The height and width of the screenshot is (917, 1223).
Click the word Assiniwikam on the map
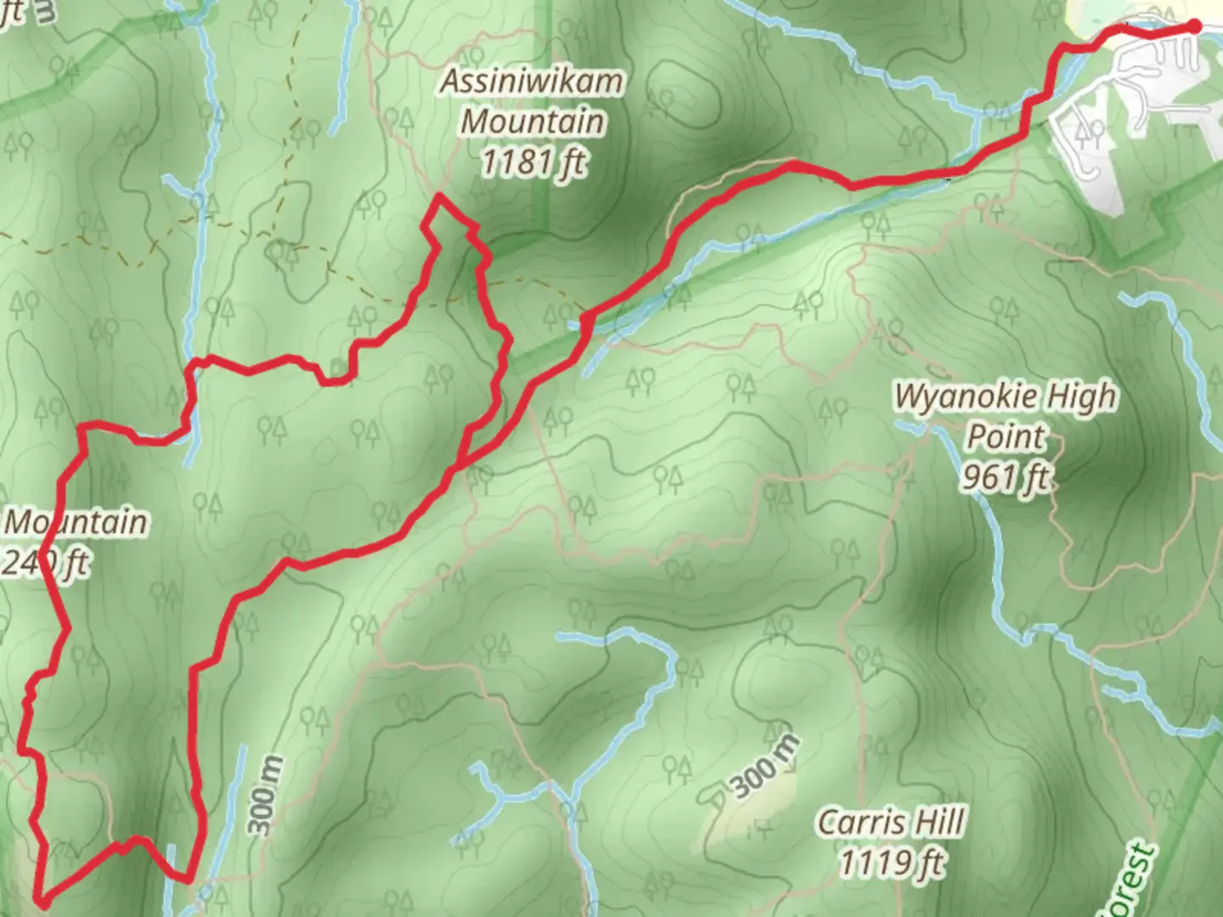(532, 82)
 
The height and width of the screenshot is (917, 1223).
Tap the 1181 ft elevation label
(533, 161)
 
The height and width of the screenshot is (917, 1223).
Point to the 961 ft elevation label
(1006, 478)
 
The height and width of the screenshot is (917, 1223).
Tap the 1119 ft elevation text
(891, 863)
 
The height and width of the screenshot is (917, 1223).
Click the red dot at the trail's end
(1193, 27)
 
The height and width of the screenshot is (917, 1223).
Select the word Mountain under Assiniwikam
(533, 121)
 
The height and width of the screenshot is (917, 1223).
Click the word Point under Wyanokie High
(1006, 437)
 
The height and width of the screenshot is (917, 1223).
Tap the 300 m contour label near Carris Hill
(765, 767)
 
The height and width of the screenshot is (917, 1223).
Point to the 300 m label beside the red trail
(265, 795)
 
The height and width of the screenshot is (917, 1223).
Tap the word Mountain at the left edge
(75, 521)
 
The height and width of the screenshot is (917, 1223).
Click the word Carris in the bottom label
(855, 822)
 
